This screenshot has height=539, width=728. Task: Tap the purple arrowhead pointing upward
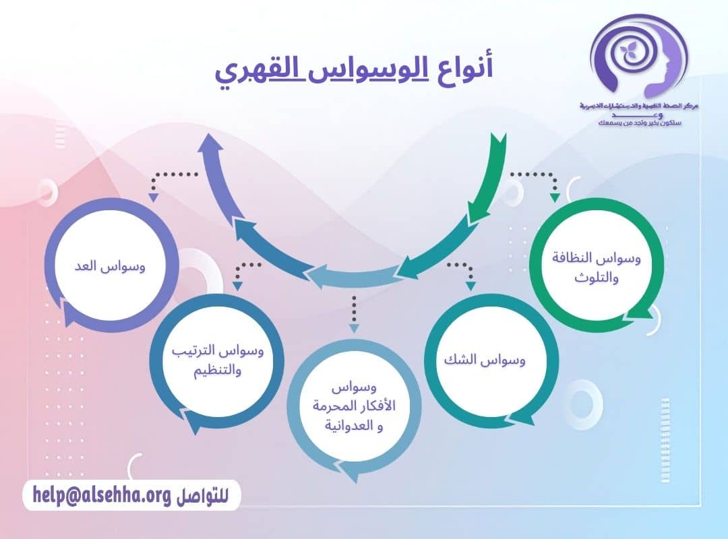214,144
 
